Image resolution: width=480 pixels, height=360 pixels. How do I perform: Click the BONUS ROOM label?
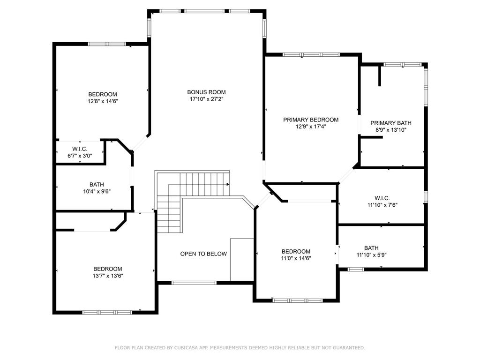206,92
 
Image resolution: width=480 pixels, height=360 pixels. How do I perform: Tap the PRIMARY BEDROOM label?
310,120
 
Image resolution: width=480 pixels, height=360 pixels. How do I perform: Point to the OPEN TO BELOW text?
203,254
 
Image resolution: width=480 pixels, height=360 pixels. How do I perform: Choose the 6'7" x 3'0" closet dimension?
79,156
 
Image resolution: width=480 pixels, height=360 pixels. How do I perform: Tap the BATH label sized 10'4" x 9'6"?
97,184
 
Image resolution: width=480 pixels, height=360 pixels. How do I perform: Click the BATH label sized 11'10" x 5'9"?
371,248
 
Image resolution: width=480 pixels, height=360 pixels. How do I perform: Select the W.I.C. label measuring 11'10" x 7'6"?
382,198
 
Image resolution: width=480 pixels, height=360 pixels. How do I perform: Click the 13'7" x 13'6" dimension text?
107,276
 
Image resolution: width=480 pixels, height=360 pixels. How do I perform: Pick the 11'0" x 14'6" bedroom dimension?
296,258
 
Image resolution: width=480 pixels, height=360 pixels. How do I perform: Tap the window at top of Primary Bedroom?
311,55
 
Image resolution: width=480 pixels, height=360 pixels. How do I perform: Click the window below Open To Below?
194,283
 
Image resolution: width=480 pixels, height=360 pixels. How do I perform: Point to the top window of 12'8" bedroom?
107,44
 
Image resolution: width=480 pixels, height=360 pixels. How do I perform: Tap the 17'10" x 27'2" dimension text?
206,99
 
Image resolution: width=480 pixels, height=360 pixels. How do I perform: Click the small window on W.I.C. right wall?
425,196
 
